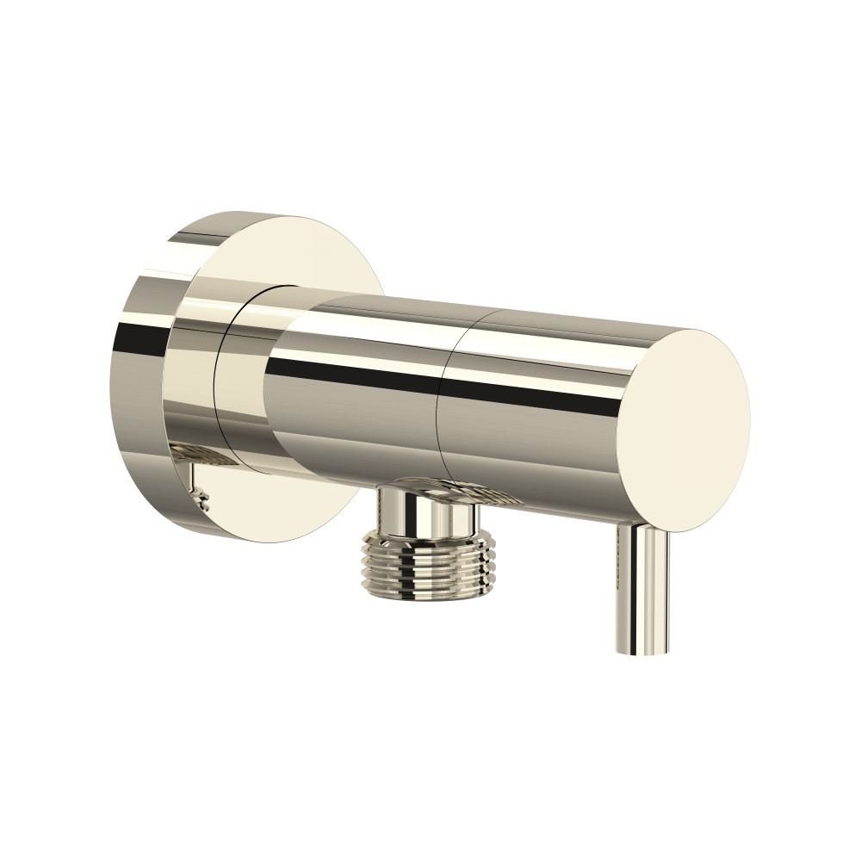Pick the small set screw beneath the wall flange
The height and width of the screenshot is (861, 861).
tap(203, 498)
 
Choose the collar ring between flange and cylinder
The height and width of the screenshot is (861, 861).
tap(241, 379)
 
